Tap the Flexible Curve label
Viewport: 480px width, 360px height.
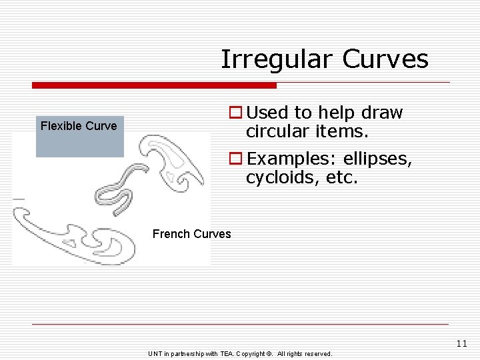(x=79, y=126)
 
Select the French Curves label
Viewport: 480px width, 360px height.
(x=191, y=234)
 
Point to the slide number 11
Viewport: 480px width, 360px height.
(x=462, y=344)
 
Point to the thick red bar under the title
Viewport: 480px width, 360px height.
(x=154, y=85)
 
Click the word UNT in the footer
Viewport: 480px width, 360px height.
(x=155, y=354)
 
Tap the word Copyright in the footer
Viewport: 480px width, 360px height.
(x=249, y=354)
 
